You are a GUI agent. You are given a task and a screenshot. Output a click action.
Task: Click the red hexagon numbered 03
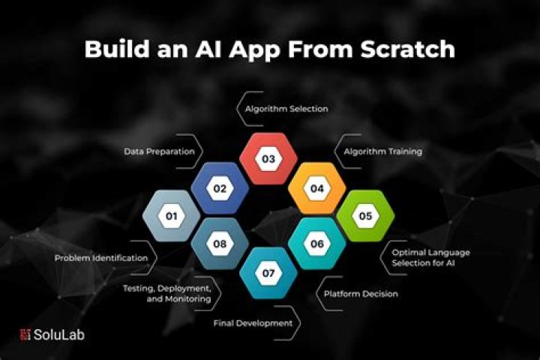click(x=268, y=159)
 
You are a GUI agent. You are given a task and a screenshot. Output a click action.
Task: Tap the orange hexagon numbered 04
click(x=317, y=188)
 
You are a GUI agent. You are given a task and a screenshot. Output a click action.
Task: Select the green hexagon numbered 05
click(x=365, y=216)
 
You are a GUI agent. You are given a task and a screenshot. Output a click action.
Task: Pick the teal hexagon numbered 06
click(x=317, y=244)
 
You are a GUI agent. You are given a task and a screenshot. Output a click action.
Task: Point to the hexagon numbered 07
click(x=268, y=273)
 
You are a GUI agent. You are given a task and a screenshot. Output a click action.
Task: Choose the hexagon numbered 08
click(x=220, y=244)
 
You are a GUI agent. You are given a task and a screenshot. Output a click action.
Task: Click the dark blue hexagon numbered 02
click(x=220, y=188)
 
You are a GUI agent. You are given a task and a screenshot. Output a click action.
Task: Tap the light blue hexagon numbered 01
click(x=171, y=216)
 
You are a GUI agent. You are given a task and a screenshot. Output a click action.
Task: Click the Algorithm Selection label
click(x=286, y=109)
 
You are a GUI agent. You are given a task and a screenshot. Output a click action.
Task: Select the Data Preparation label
click(x=160, y=151)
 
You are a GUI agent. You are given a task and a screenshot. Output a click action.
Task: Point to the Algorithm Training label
click(x=382, y=151)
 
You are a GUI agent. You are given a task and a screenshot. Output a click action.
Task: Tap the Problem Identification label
click(x=100, y=258)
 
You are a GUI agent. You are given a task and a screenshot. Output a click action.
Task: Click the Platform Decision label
click(x=360, y=294)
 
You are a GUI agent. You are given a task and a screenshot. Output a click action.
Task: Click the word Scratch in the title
click(x=406, y=49)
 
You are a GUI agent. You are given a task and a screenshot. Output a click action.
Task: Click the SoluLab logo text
click(x=59, y=334)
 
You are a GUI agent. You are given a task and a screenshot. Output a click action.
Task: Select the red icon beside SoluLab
click(x=24, y=334)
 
